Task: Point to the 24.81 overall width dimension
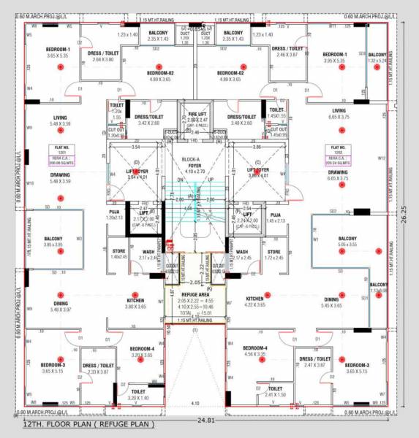pos(209,421)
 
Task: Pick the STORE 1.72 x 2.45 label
pos(274,255)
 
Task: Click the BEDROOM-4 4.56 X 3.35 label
pos(255,351)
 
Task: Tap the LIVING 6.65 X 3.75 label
pos(339,112)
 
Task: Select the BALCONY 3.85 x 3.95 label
pos(53,242)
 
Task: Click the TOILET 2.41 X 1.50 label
pos(275,392)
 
